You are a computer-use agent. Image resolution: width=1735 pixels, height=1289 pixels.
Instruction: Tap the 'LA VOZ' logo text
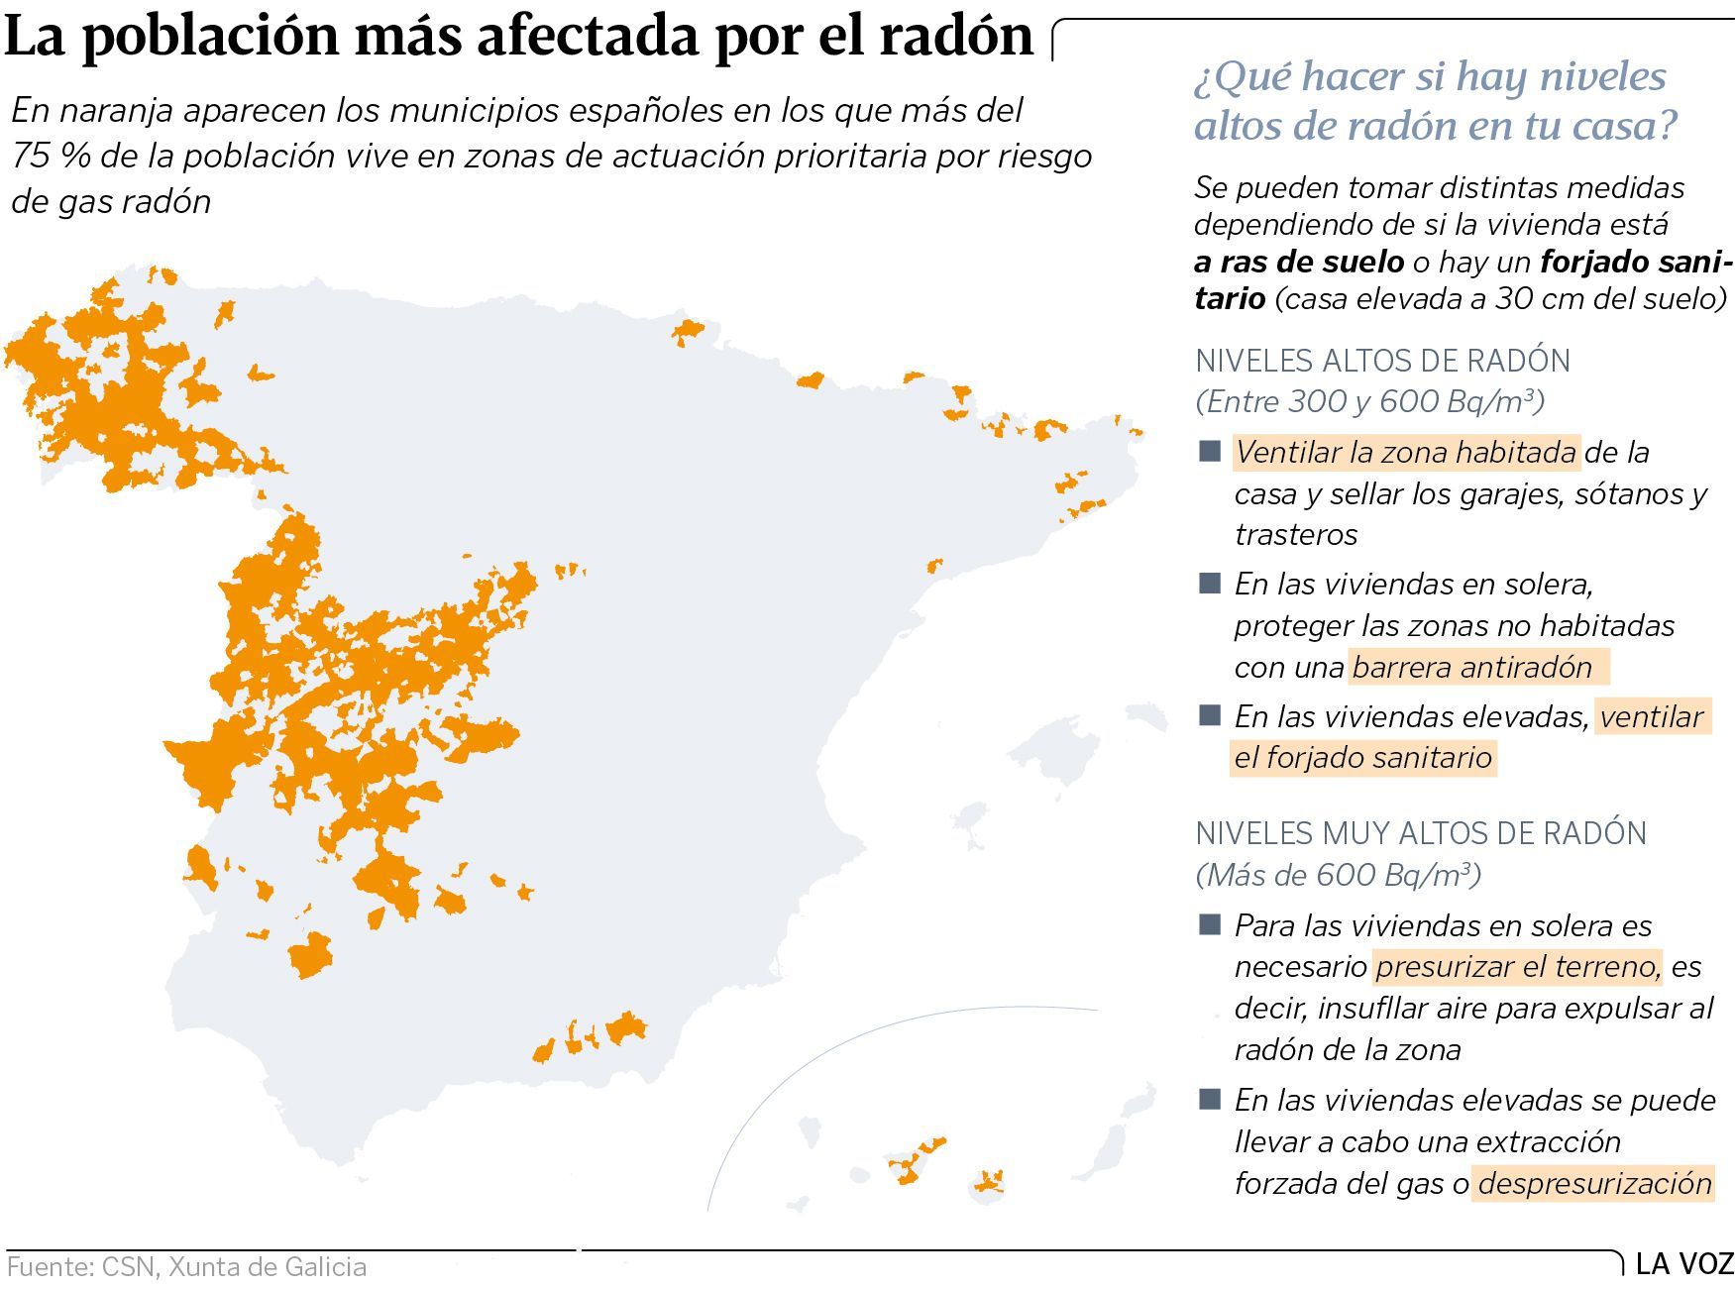tap(1684, 1264)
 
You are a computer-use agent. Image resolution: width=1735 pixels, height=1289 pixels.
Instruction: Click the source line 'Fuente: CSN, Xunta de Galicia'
tap(186, 1267)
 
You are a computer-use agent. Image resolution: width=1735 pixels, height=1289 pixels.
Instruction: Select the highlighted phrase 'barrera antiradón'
tap(1471, 667)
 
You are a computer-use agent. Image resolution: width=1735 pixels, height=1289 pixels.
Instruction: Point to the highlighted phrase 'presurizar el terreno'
tap(1517, 966)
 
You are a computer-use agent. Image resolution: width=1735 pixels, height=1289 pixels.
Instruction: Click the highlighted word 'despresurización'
tap(1594, 1183)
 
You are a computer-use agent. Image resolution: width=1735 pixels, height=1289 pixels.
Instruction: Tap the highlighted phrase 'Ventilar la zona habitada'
tap(1406, 453)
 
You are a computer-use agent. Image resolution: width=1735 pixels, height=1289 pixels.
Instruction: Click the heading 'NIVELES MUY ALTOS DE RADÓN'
tap(1421, 833)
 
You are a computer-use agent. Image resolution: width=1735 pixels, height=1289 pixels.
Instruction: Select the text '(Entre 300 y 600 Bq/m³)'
tap(1369, 401)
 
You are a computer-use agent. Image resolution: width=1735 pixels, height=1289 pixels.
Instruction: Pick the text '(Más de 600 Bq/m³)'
tap(1338, 875)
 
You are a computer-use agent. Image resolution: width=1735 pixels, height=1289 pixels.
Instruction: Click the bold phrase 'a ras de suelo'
tap(1298, 262)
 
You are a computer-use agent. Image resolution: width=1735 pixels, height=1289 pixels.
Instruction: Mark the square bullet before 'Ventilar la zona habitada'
tap(1209, 452)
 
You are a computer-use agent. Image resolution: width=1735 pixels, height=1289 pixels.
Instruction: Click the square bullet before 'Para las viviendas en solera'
tap(1209, 925)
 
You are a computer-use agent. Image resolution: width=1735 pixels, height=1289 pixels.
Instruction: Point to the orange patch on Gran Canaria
tap(989, 1181)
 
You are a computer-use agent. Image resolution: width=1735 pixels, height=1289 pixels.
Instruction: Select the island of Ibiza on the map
tap(969, 838)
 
